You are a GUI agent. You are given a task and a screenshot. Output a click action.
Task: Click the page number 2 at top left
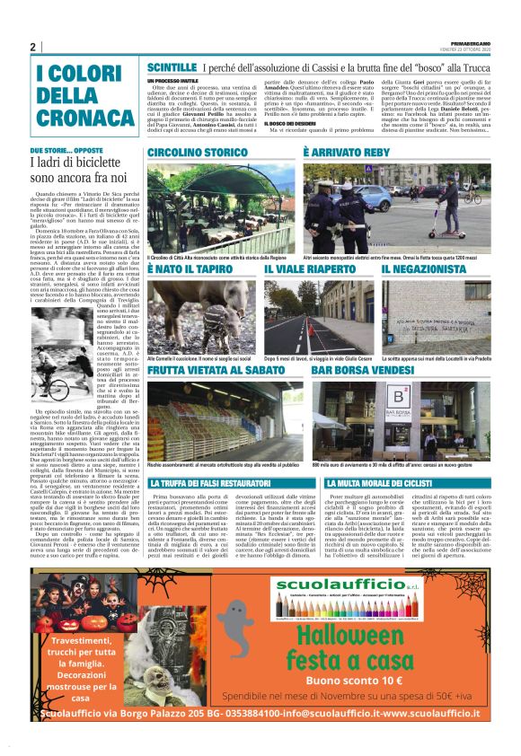(x=32, y=48)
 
